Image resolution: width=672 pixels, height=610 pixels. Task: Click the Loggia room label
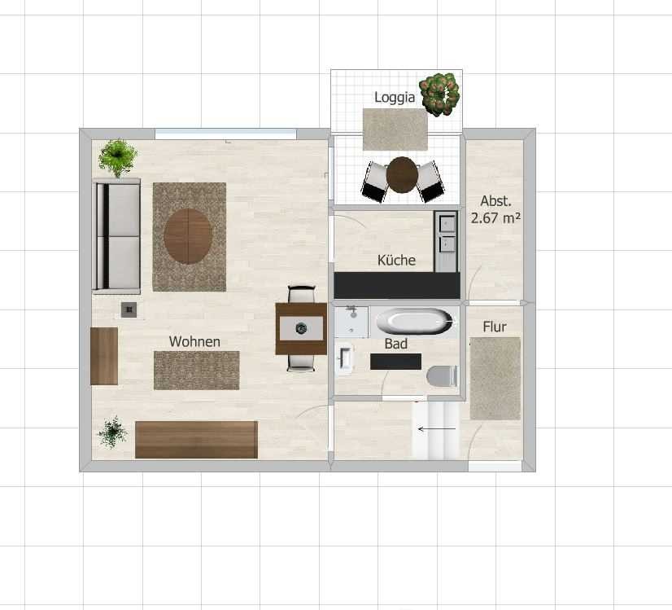pos(395,98)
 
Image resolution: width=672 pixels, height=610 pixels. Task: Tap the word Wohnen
pos(194,341)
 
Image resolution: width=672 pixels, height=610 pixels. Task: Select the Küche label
pos(396,260)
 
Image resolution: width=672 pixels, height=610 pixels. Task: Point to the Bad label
pos(395,344)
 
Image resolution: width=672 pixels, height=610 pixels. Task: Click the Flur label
pos(495,327)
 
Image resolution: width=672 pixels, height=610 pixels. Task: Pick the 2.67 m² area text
pos(495,218)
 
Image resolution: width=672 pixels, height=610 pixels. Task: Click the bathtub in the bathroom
pos(413,321)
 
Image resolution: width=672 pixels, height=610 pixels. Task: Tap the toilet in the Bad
pos(442,376)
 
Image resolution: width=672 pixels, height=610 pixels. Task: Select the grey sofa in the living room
pos(116,236)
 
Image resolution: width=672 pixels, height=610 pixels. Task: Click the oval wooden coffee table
pos(188,236)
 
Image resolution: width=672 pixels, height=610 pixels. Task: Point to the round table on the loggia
pos(402,175)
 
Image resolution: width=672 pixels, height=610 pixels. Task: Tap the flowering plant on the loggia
pos(439,94)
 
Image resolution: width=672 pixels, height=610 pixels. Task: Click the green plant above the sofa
pos(117,158)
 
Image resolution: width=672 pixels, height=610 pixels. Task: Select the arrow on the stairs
pos(437,428)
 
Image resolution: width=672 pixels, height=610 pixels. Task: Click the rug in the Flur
pos(495,379)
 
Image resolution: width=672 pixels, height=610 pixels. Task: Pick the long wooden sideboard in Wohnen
pos(196,440)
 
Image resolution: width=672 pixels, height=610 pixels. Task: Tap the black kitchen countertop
pos(397,285)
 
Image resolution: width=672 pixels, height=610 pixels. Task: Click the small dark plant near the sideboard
pos(113,432)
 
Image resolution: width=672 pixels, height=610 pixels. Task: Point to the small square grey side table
pos(129,309)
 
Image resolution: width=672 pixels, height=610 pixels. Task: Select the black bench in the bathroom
pos(395,362)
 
